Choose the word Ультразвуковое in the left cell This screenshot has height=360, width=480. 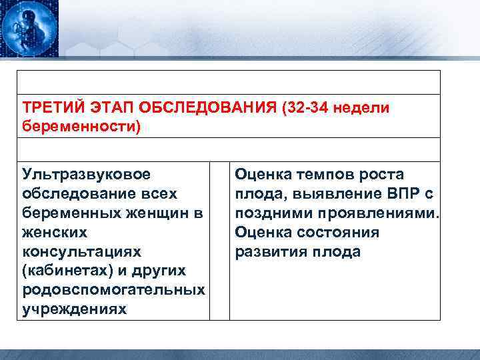pyautogui.click(x=87, y=175)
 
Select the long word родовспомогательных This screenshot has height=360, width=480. pyautogui.click(x=113, y=291)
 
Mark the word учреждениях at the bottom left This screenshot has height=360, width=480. pyautogui.click(x=74, y=310)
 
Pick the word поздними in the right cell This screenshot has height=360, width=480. pyautogui.click(x=269, y=213)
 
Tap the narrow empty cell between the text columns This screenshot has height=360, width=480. pyautogui.click(x=220, y=241)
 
